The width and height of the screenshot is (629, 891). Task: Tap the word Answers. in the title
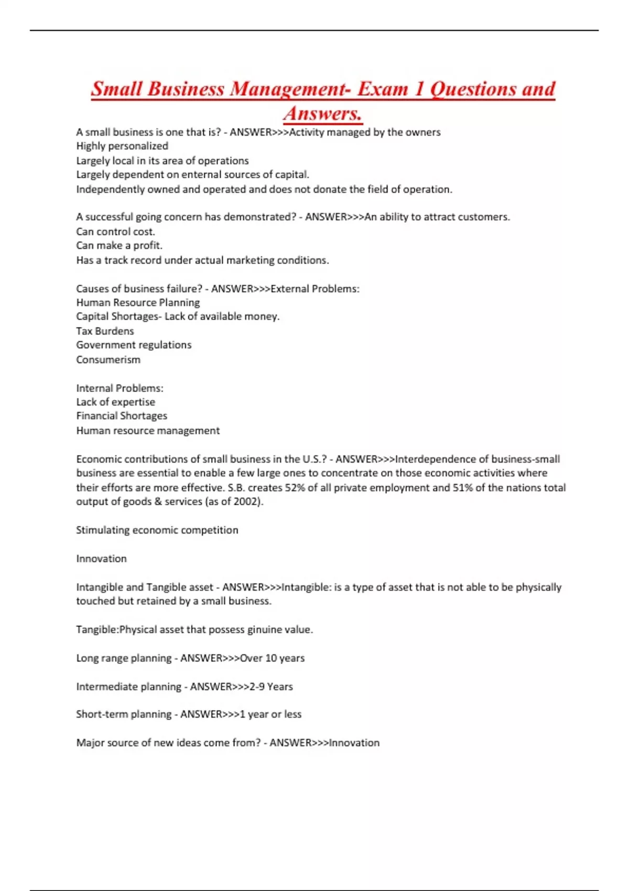323,113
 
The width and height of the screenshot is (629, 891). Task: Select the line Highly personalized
122,146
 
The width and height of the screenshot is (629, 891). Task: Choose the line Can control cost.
115,232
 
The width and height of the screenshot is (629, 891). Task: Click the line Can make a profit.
119,246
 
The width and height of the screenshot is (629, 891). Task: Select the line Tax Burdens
105,331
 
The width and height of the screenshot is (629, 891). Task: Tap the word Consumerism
108,360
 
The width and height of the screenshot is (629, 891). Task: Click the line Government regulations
134,345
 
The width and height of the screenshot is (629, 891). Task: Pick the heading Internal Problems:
120,388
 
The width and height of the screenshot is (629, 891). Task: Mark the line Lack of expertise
115,402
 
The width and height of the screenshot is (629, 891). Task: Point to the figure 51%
462,488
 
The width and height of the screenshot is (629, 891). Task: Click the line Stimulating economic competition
157,530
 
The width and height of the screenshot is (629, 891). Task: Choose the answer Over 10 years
272,658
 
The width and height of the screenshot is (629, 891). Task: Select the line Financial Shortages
122,416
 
